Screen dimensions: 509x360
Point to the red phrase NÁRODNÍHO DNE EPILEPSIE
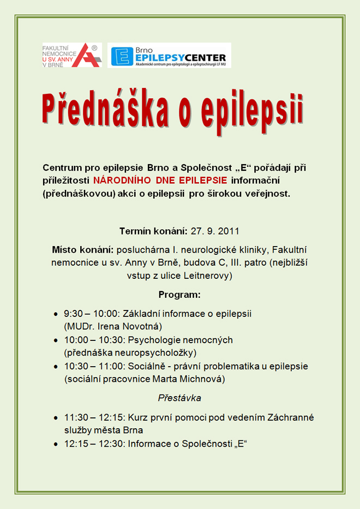click(160, 179)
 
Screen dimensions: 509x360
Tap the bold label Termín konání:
click(154, 230)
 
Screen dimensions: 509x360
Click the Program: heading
click(179, 295)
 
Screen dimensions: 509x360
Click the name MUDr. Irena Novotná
click(113, 326)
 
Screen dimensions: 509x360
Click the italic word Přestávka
click(179, 398)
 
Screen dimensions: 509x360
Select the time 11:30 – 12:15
click(93, 417)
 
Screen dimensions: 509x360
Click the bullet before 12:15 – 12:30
click(57, 444)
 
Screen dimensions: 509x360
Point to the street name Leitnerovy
click(207, 276)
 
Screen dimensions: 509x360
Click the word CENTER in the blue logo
click(203, 56)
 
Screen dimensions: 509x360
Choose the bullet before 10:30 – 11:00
click(57, 367)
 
